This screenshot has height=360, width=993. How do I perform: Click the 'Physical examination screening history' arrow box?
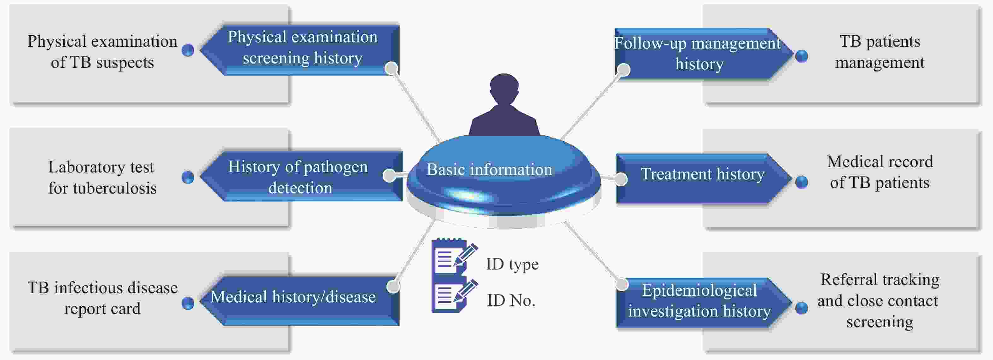[x=303, y=48]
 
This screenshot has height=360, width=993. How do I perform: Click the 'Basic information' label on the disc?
[x=489, y=170]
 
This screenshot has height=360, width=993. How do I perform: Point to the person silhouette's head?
[x=504, y=87]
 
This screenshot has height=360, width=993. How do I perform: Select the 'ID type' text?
[x=512, y=264]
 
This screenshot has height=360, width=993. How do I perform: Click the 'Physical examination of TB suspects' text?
[x=102, y=52]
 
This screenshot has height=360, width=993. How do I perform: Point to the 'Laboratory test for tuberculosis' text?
[x=102, y=177]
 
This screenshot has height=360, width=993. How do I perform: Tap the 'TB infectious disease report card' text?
[x=102, y=298]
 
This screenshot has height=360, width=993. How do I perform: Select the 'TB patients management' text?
[x=880, y=52]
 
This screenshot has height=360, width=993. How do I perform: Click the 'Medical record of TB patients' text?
[x=880, y=172]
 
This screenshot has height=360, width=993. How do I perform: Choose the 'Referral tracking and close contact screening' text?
[x=879, y=300]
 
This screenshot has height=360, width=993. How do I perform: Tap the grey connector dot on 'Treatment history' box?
[x=621, y=179]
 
